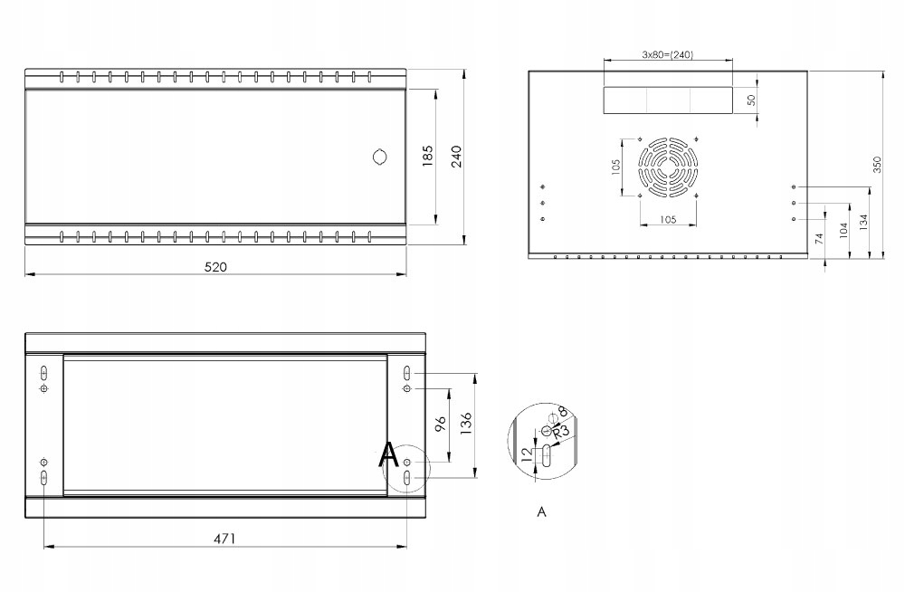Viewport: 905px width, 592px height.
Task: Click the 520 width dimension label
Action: [215, 266]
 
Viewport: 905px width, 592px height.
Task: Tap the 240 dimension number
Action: [456, 156]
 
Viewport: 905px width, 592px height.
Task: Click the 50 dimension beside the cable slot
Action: [751, 100]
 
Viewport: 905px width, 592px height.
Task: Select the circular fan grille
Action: [668, 167]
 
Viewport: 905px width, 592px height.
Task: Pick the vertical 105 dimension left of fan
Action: [615, 167]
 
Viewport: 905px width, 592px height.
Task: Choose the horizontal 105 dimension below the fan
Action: [668, 219]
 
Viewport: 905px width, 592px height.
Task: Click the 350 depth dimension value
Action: [876, 164]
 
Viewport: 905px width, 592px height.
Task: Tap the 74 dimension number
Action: [818, 239]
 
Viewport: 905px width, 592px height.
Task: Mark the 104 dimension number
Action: [843, 229]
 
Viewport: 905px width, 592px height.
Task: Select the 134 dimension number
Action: [864, 220]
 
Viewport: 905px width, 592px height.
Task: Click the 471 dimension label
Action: [224, 539]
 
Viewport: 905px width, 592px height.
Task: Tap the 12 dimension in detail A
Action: [526, 453]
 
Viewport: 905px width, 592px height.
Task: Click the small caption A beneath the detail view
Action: [541, 512]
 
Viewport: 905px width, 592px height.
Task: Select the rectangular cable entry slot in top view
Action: [669, 100]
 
